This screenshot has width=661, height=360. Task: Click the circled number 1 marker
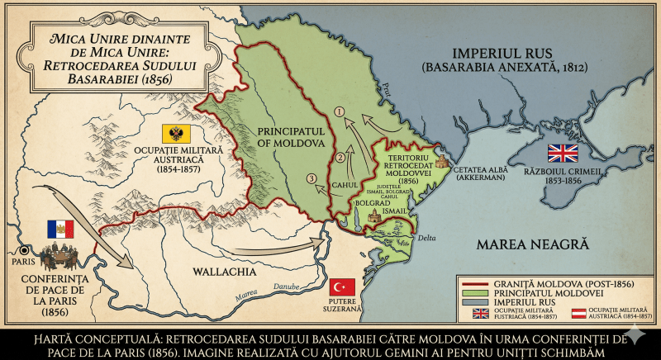(x=339, y=111)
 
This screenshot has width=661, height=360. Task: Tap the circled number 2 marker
(x=339, y=158)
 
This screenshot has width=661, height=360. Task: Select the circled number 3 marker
(x=311, y=178)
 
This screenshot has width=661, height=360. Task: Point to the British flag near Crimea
(x=564, y=153)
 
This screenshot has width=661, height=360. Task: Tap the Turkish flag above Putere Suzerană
(x=343, y=287)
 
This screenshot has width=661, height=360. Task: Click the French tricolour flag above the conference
(x=60, y=230)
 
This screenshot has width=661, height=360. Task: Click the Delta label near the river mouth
(x=426, y=238)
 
